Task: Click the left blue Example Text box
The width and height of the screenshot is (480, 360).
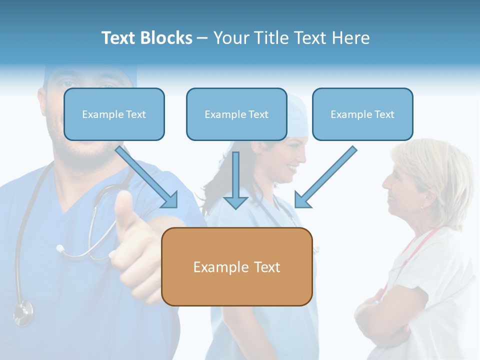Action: (x=114, y=114)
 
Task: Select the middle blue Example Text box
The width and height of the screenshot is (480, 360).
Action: (x=236, y=114)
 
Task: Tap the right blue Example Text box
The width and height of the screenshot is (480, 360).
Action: (x=362, y=114)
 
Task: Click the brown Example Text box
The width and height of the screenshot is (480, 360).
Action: (x=236, y=266)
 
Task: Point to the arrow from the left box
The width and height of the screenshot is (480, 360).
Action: (x=147, y=177)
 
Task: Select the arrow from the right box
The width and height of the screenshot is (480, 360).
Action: (x=325, y=177)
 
